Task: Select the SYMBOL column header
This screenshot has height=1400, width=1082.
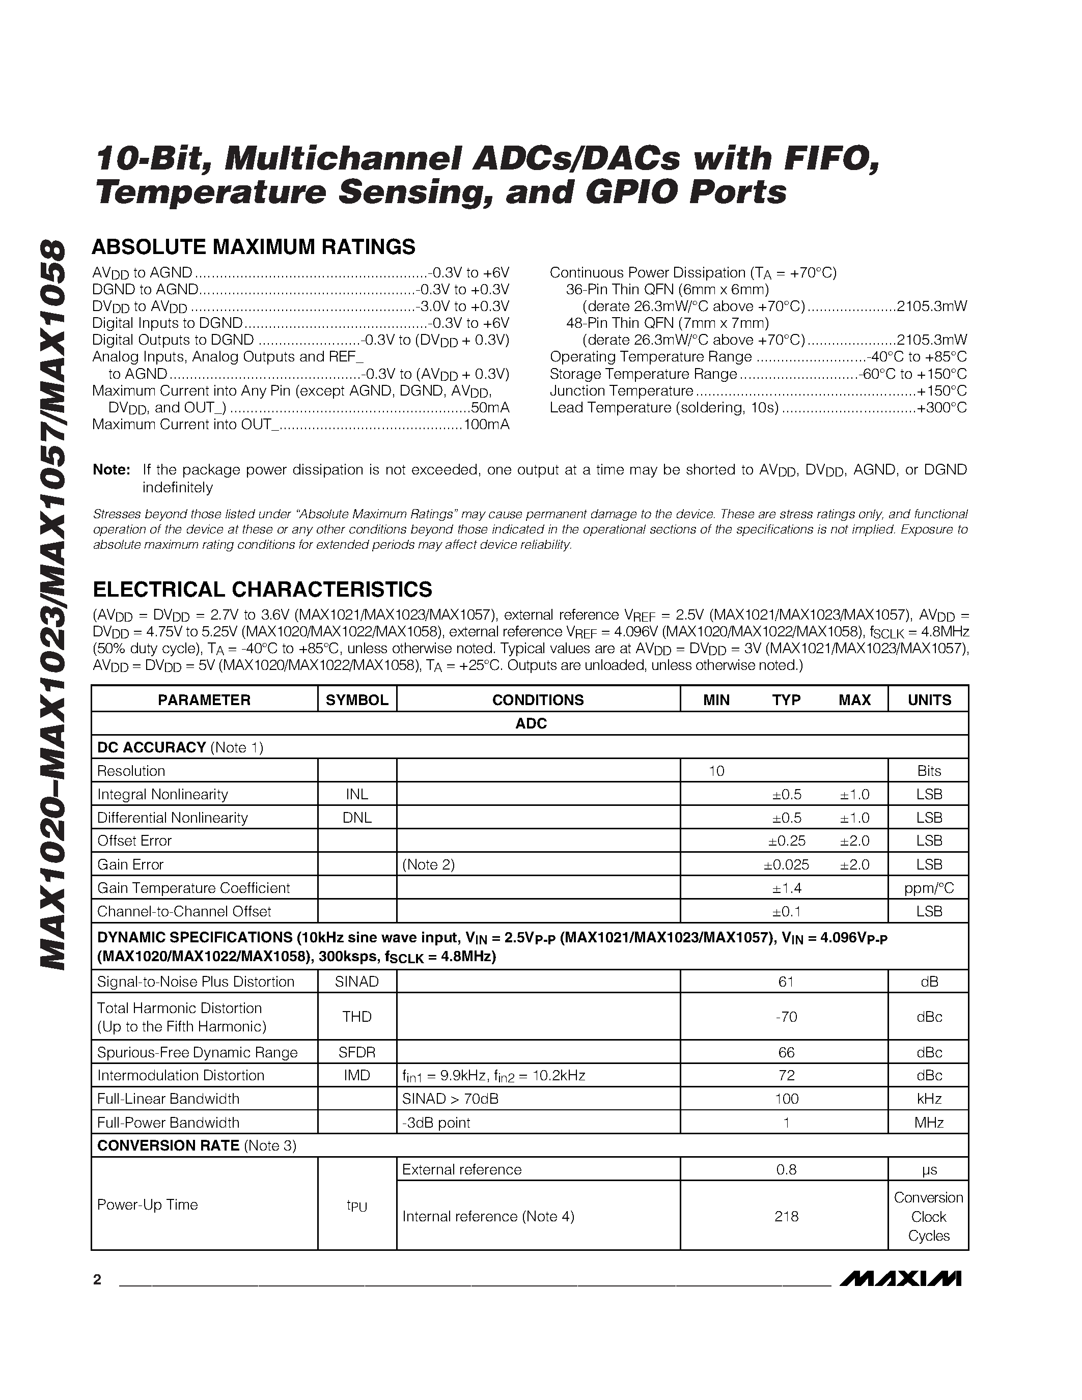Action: [x=357, y=699]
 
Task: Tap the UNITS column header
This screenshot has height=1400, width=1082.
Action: [x=929, y=699]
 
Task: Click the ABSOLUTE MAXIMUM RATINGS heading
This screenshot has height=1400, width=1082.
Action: [x=254, y=247]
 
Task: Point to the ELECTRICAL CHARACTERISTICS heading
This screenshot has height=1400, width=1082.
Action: [x=262, y=589]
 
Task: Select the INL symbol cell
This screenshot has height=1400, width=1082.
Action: [x=357, y=794]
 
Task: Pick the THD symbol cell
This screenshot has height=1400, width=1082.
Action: [x=357, y=1017]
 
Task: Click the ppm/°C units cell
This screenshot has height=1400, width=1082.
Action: [x=929, y=888]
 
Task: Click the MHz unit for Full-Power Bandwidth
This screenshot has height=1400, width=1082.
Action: [x=929, y=1123]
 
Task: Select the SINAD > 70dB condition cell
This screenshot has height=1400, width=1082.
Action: [x=450, y=1099]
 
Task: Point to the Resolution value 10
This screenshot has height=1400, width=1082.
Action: [x=716, y=771]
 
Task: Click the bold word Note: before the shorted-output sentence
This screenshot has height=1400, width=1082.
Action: [x=112, y=470]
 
